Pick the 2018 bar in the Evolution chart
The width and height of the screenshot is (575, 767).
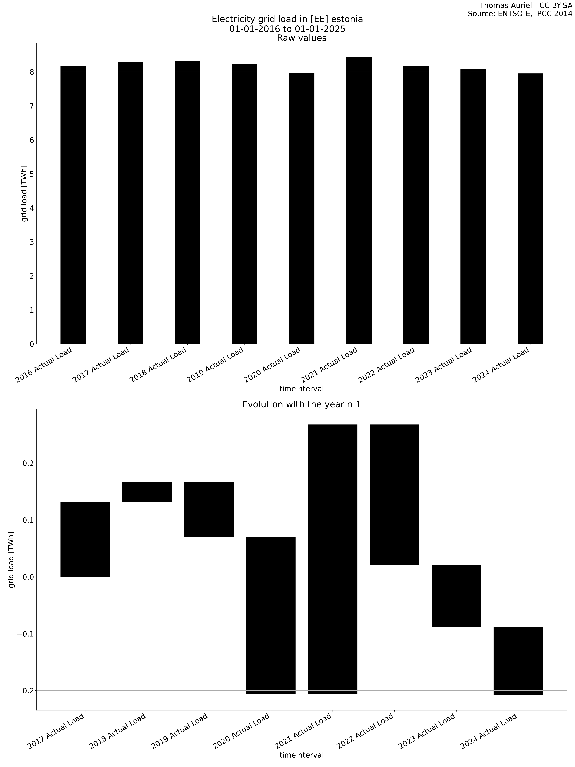(x=147, y=492)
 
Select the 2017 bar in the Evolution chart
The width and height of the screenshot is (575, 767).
(x=85, y=539)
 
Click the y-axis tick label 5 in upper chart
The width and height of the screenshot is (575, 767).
(x=32, y=174)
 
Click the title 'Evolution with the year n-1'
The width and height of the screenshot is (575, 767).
(x=301, y=404)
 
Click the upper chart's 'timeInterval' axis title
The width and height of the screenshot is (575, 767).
(x=301, y=389)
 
